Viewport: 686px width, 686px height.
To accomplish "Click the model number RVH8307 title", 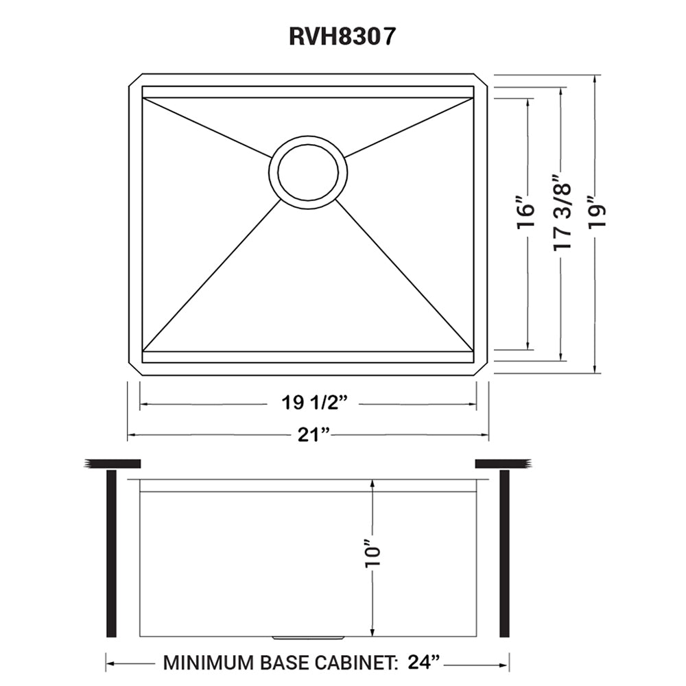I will [342, 36].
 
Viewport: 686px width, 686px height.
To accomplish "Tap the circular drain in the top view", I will [307, 170].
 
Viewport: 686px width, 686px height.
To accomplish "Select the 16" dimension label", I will [525, 217].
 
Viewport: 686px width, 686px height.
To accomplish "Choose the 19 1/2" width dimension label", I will [313, 403].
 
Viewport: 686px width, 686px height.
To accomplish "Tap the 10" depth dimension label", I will [372, 555].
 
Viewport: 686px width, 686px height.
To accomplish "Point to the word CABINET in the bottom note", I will [356, 663].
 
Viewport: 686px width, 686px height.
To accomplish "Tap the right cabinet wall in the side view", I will [505, 553].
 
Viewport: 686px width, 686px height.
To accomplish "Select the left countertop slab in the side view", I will [113, 464].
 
